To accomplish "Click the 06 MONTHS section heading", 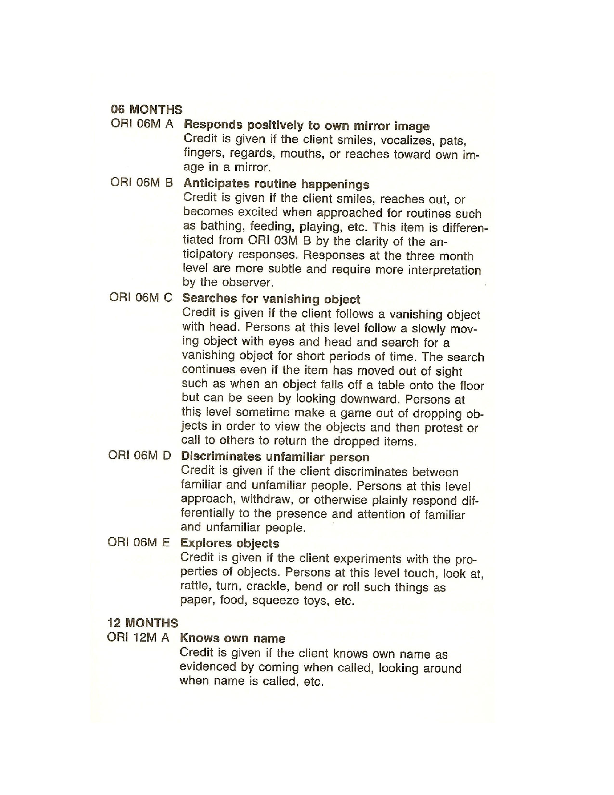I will pos(147,110).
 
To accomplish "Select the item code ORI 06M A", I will pos(142,124).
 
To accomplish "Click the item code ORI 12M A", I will pos(138,638).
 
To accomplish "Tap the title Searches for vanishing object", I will pos(271,299).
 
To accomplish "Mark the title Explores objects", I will pos(229,543).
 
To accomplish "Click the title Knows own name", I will pos(232,638).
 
